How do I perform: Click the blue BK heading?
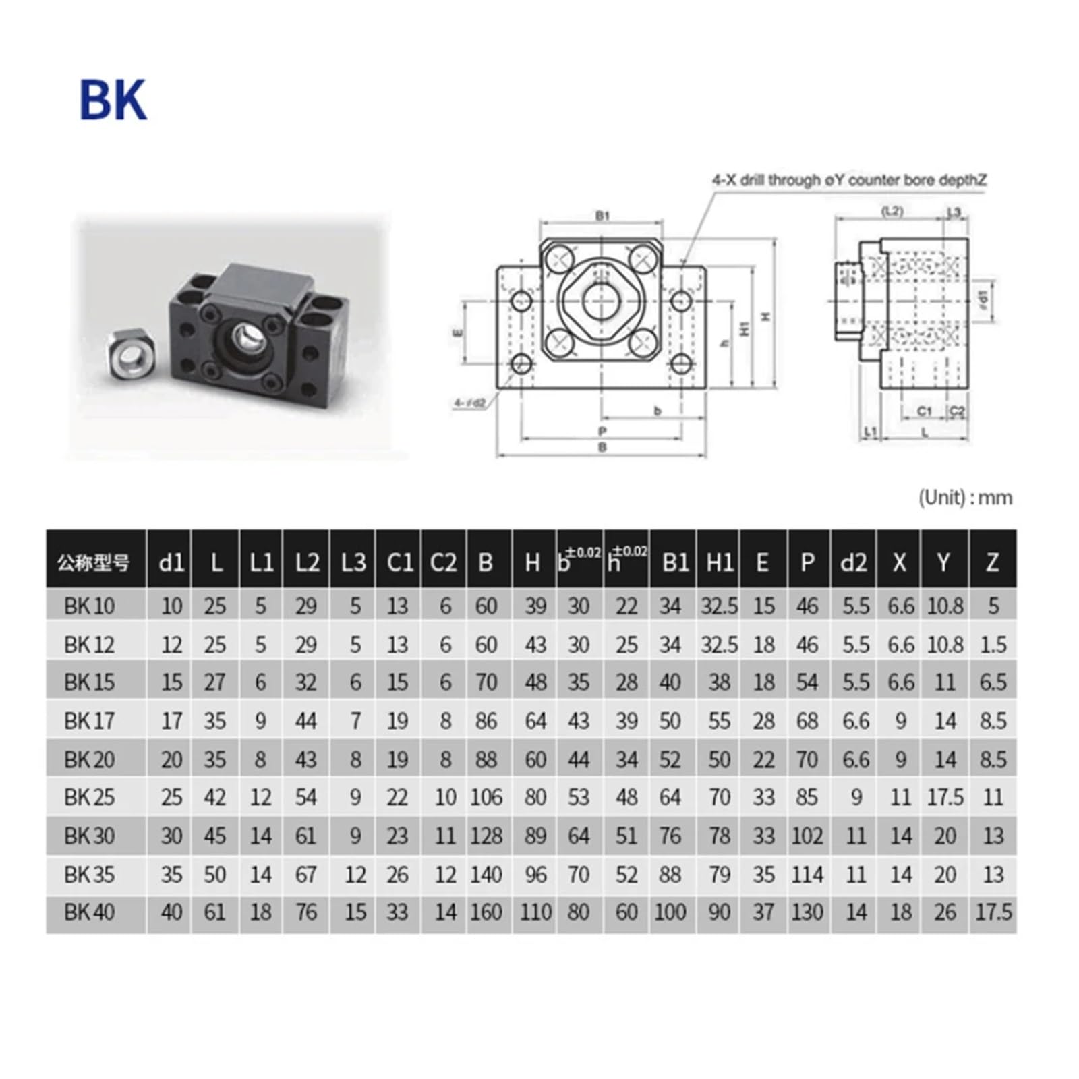tap(113, 100)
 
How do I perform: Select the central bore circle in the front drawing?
tap(601, 300)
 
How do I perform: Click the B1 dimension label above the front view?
tap(602, 216)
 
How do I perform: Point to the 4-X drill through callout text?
tap(849, 180)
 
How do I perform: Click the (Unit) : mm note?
tap(964, 498)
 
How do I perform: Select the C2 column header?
tap(443, 562)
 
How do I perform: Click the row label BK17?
tap(89, 721)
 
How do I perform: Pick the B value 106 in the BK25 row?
tap(486, 797)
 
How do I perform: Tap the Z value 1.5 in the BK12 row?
tap(993, 645)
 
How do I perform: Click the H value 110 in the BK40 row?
tap(535, 912)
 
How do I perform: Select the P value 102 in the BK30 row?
tap(807, 836)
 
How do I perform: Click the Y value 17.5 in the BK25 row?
tap(945, 797)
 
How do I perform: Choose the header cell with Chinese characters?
tap(94, 562)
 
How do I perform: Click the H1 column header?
tap(719, 562)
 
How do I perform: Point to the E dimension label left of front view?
tap(457, 332)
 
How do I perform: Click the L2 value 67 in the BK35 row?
tap(305, 875)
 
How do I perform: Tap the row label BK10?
tap(89, 606)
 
